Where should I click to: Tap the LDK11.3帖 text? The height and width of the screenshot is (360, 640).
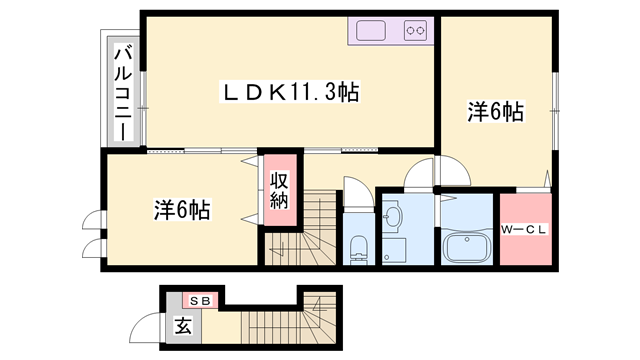(290, 93)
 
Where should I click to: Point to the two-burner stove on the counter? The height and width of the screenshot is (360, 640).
(416, 31)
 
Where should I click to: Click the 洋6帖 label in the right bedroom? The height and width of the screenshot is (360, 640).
(495, 112)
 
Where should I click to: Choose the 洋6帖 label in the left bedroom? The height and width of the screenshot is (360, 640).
(181, 210)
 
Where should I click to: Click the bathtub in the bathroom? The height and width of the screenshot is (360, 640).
(466, 247)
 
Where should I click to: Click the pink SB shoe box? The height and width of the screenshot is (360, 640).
(200, 300)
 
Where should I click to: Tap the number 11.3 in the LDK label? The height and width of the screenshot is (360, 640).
(309, 93)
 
